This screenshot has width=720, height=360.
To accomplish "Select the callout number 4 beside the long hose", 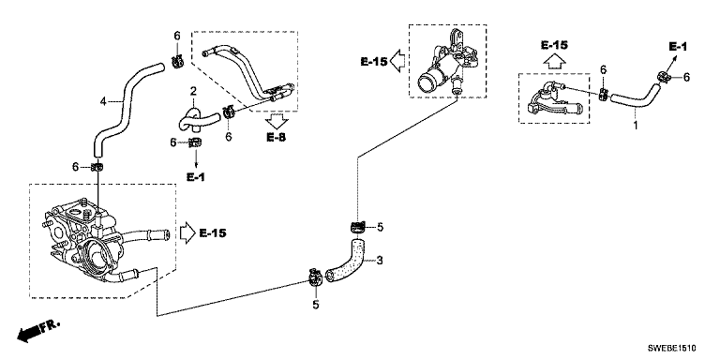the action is coord(103,101).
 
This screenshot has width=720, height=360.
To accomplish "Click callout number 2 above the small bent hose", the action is coord(193,89).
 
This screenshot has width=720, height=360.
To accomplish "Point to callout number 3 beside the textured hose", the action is coord(380,262).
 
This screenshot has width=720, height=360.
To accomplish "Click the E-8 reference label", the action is coord(276,137).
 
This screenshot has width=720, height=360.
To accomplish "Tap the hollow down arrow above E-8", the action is coord(277,122).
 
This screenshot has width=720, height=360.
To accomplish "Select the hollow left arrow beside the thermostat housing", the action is coord(397,61).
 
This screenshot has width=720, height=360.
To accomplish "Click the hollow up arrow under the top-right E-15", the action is coord(554,61).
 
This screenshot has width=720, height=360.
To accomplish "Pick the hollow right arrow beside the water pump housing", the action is coord(187,233).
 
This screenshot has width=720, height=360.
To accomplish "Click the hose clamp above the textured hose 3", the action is coord(358,226).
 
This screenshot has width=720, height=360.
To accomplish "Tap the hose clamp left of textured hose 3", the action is coord(315,277).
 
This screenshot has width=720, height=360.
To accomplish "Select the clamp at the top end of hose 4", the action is coord(177,61).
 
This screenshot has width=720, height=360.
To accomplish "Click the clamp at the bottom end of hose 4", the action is coord(97,167).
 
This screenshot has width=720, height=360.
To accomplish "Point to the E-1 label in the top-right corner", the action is coord(677,46).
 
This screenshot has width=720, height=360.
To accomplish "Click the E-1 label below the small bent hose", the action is coord(196,177).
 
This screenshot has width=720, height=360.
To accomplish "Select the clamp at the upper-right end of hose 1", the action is coord(664,77).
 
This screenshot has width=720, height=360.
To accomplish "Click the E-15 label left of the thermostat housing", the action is coord(374,61).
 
